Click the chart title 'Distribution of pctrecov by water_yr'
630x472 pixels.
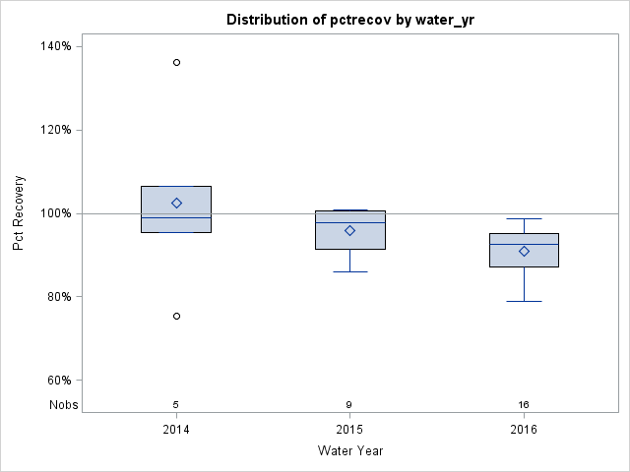tap(350, 20)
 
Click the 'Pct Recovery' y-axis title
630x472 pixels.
tap(19, 213)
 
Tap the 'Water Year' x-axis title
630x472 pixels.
tap(350, 451)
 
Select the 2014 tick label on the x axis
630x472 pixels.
tap(176, 429)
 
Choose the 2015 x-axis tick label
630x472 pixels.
tap(350, 429)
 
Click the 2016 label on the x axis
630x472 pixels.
tap(524, 429)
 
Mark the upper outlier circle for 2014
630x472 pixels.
tap(176, 62)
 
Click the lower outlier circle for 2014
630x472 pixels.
tap(176, 316)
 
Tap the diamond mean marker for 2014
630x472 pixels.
tap(176, 203)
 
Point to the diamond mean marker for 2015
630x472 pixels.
tap(350, 230)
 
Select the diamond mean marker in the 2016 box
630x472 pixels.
tap(524, 251)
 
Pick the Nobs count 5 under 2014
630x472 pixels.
tap(176, 404)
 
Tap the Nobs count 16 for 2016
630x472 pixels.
tap(524, 404)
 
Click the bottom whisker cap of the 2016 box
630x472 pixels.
tap(524, 301)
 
